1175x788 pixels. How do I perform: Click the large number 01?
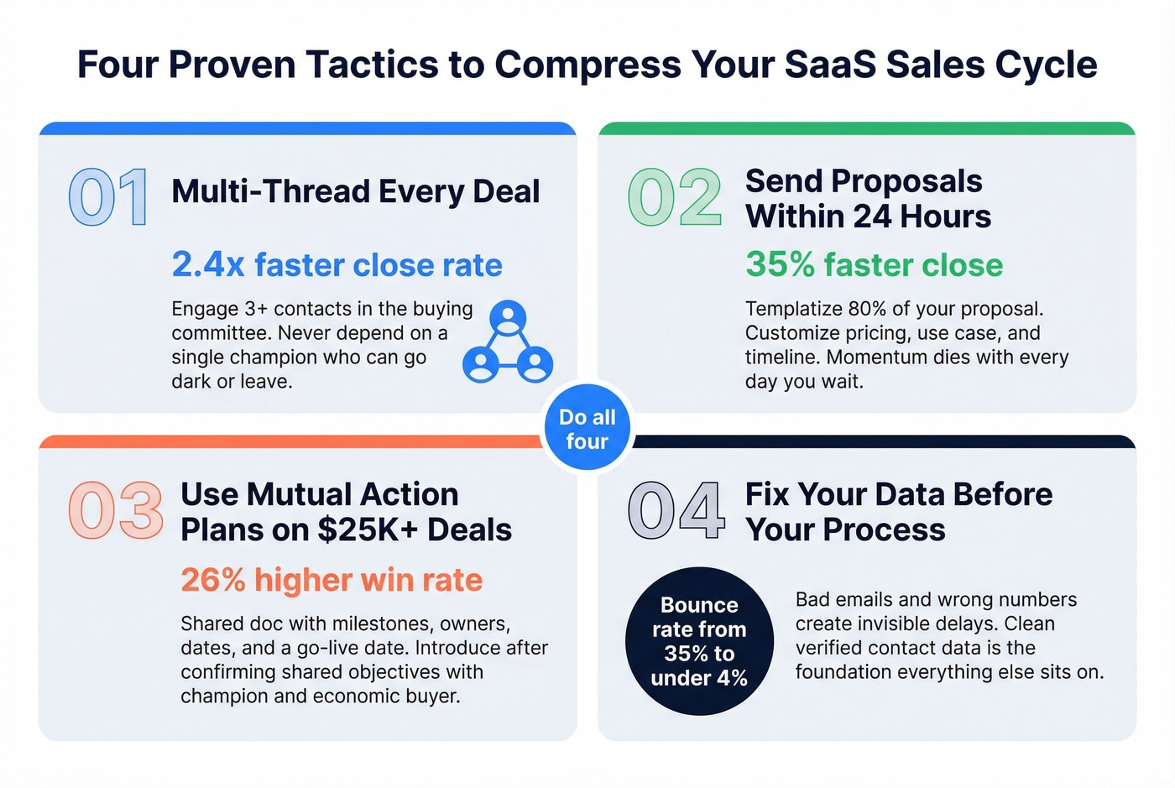pos(108,197)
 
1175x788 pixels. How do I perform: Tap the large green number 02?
pos(675,197)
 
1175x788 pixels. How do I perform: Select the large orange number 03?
pos(116,510)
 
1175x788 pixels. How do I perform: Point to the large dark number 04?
pos(676,510)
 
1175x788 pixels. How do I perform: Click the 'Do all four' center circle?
pos(587,429)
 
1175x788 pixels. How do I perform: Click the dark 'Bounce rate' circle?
pos(698,641)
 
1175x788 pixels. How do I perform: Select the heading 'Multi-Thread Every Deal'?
pos(356,191)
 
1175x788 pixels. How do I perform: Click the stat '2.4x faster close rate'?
pos(337,265)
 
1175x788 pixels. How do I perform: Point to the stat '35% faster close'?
pos(874,265)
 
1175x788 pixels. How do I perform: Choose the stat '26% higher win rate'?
pos(332,580)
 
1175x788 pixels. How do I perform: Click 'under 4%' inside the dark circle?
pos(699,678)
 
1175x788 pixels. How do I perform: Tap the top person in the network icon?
pos(508,317)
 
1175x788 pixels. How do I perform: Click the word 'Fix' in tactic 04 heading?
pos(767,494)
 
